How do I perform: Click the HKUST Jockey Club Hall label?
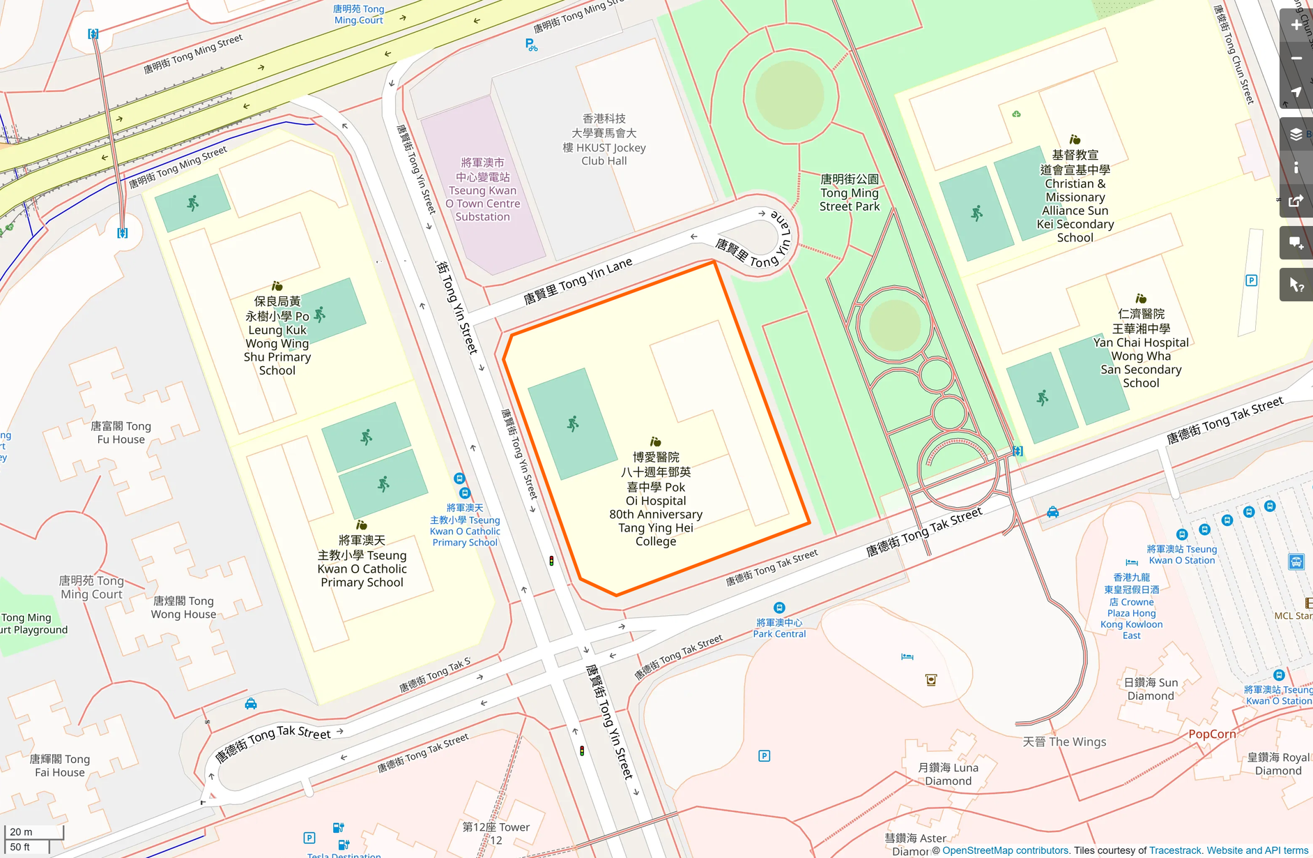point(604,140)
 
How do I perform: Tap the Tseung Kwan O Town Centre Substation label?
point(482,190)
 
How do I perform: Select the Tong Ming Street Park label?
point(849,193)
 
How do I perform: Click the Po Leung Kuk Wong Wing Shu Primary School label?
point(277,336)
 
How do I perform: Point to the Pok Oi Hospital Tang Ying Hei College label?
point(655,499)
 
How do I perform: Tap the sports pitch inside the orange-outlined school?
point(572,423)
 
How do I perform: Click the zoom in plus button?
point(1296,25)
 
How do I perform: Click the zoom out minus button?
point(1296,59)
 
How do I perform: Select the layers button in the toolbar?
point(1296,135)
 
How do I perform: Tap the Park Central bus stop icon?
point(779,608)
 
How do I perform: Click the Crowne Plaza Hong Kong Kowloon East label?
point(1131,607)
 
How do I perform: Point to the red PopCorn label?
point(1212,734)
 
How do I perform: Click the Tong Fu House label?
point(121,432)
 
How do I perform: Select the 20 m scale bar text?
point(21,831)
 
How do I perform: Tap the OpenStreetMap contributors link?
point(1005,850)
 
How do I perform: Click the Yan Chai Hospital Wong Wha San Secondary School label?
point(1141,349)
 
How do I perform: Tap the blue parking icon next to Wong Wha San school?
point(1251,280)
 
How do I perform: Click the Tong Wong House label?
point(184,608)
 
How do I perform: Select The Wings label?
point(1064,742)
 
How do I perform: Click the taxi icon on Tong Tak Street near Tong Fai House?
point(251,704)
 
